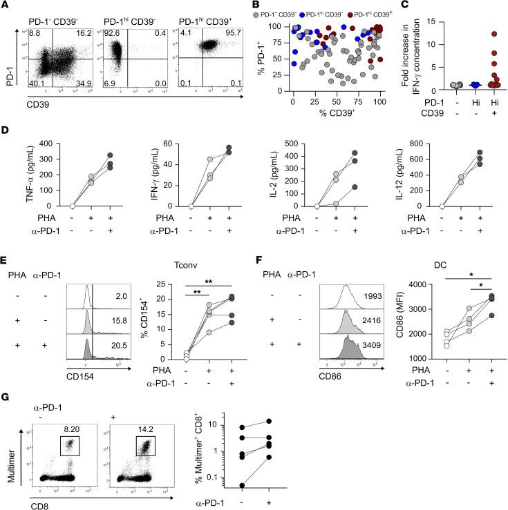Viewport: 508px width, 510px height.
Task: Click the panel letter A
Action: [x=5, y=6]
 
